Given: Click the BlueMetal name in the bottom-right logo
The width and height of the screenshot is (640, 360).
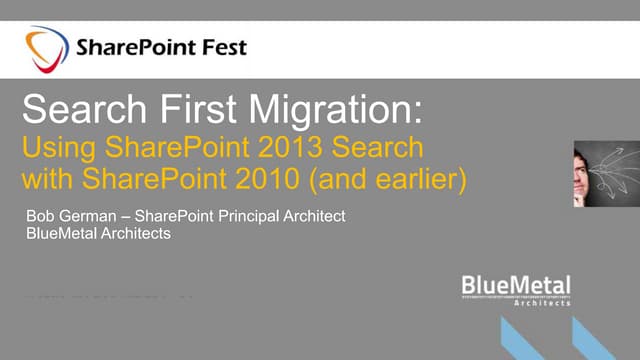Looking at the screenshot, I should point(516,285).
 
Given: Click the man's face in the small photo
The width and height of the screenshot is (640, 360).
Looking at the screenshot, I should point(584,160).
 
